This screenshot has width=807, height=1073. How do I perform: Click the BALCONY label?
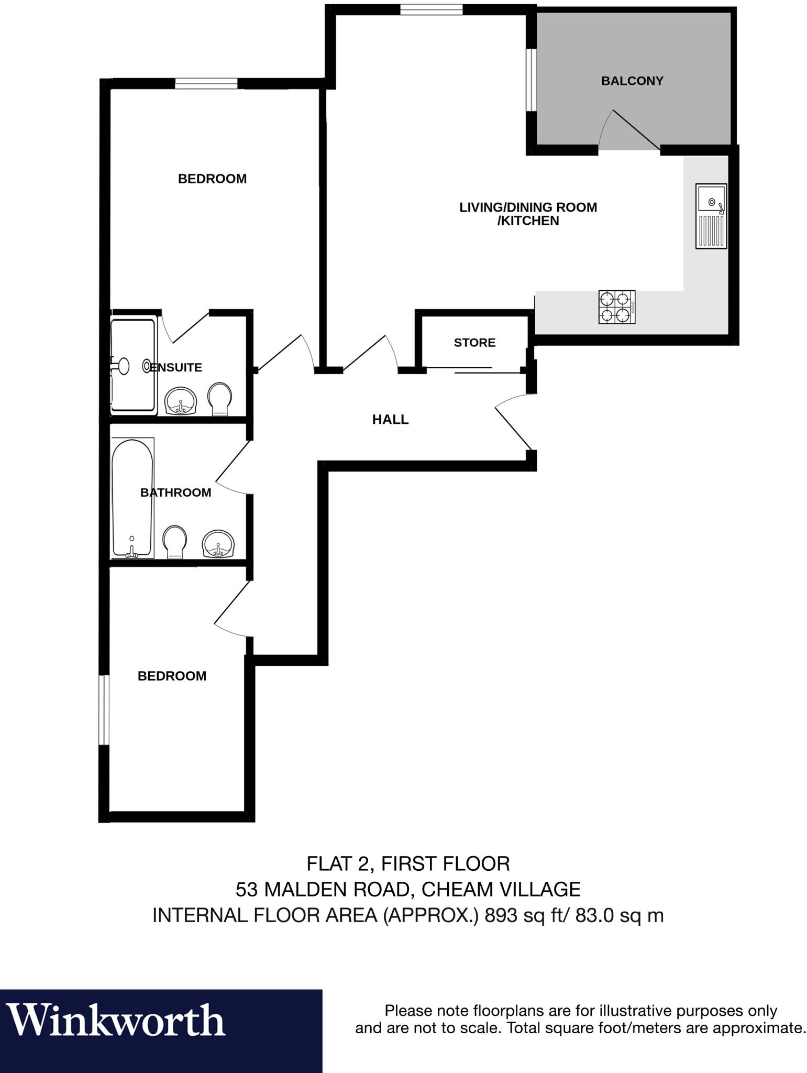632,81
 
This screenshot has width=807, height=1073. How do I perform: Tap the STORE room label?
474,343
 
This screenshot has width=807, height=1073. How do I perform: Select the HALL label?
390,419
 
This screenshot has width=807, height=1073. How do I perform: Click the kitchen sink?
711,215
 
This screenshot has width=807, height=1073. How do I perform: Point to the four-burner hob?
616,306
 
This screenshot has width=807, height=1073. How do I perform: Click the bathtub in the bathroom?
132,498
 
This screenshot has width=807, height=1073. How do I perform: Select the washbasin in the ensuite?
181,401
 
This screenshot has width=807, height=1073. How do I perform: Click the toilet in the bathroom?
174,542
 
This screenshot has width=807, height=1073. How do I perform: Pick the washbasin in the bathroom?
218,544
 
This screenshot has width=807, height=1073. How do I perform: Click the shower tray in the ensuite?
134,366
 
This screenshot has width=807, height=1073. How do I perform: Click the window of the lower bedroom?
104,709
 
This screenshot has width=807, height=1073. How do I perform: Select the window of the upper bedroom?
206,83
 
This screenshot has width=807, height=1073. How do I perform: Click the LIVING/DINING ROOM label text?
528,207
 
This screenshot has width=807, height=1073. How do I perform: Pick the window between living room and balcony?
531,80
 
